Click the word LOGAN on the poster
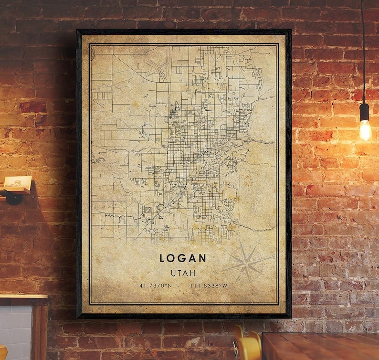[x=183, y=258]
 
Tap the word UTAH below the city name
[x=183, y=273]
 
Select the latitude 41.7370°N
[x=156, y=286]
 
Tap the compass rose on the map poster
[x=245, y=262]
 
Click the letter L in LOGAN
[x=163, y=258]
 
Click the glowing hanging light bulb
[x=365, y=129]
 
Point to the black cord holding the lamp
[x=363, y=48]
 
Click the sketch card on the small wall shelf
[x=18, y=182]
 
